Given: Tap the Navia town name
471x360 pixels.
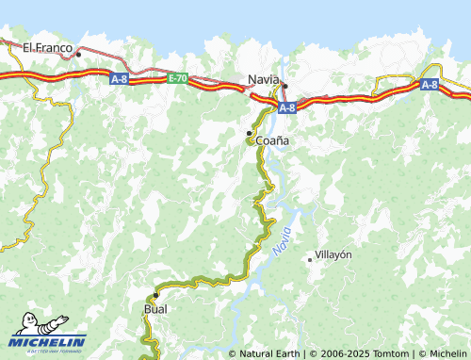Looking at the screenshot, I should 264,79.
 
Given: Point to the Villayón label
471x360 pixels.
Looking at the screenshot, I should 333,255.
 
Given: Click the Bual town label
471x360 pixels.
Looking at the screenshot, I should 154,308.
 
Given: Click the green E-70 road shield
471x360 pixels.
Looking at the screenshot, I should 178,79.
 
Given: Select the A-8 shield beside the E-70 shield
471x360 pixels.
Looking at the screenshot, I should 119,79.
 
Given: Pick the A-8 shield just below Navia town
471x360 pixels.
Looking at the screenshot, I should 287,107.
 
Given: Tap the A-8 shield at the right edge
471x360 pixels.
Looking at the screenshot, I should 429,84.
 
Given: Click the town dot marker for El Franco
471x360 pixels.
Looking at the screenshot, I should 79,54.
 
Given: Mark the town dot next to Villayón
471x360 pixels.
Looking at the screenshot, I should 310,259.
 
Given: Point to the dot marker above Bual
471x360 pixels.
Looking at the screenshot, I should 155,295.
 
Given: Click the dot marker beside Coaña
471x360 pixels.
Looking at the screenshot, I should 249,133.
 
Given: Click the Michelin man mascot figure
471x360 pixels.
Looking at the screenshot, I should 27,325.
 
